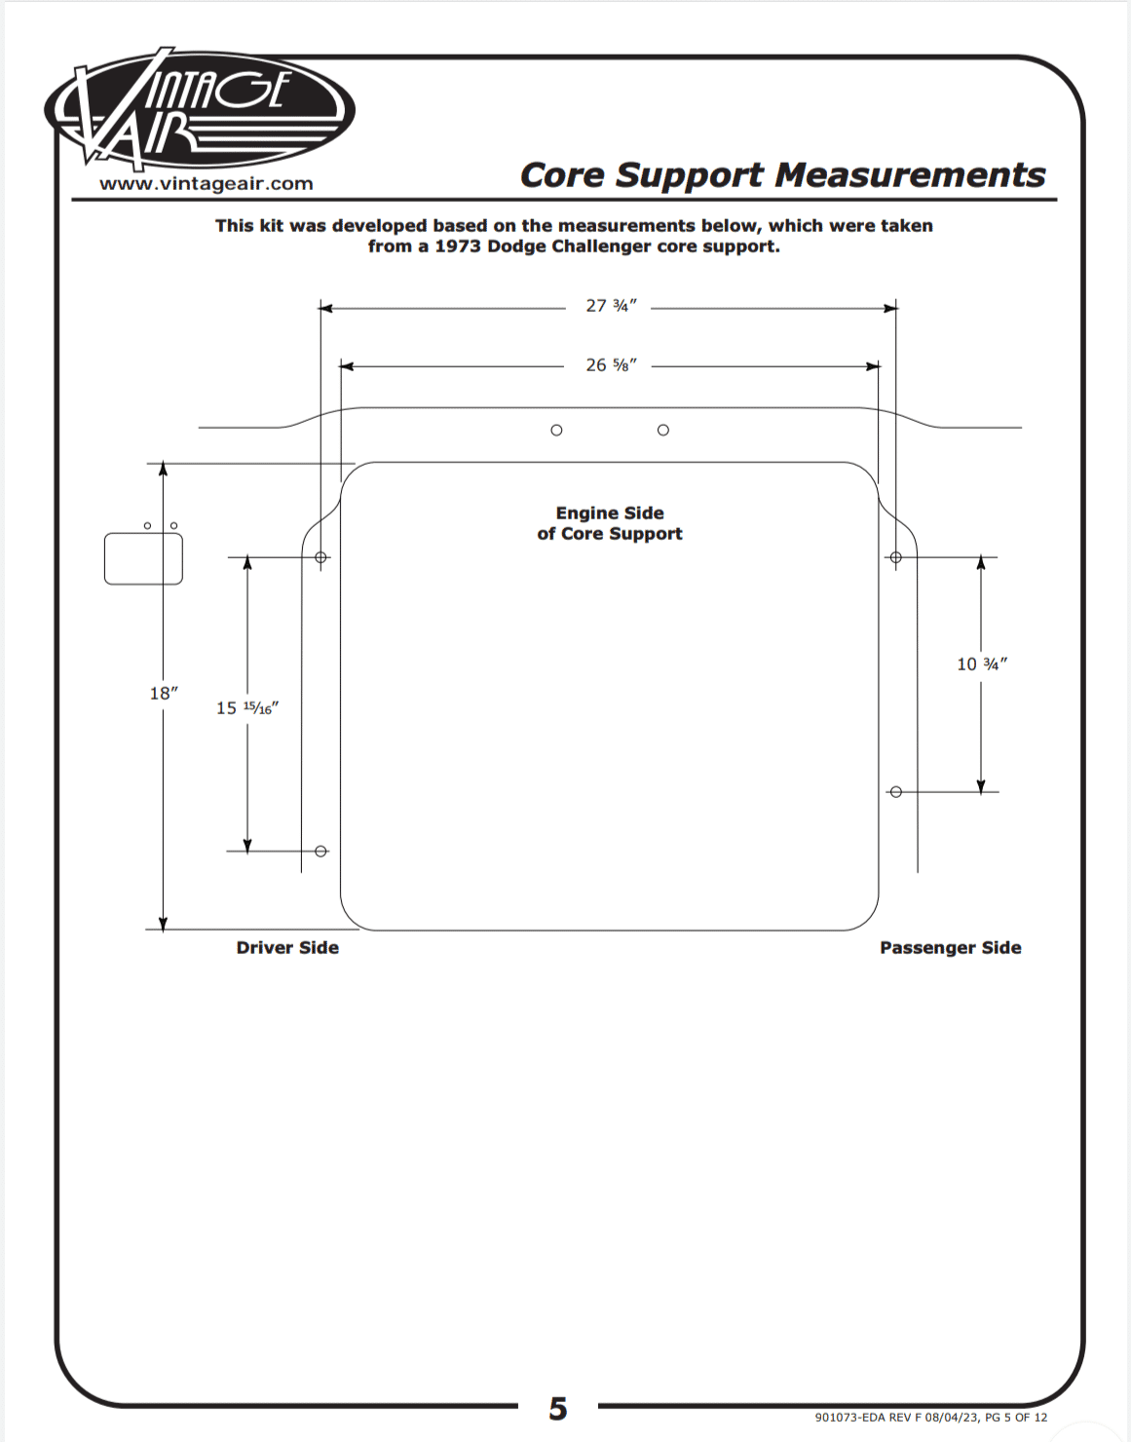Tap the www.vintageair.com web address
[207, 184]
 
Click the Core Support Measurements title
[782, 175]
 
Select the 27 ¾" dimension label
[611, 306]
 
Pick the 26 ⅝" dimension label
[611, 365]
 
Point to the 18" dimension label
[164, 694]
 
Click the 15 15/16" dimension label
[247, 708]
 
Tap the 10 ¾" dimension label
[981, 664]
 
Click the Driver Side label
[287, 948]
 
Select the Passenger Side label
[950, 948]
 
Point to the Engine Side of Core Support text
[610, 523]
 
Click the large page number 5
[558, 1409]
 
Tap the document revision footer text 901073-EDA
[930, 1418]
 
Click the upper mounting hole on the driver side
[320, 557]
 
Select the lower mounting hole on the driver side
[320, 852]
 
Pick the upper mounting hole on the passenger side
[896, 557]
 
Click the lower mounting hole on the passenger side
[896, 792]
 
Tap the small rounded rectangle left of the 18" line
[143, 558]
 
